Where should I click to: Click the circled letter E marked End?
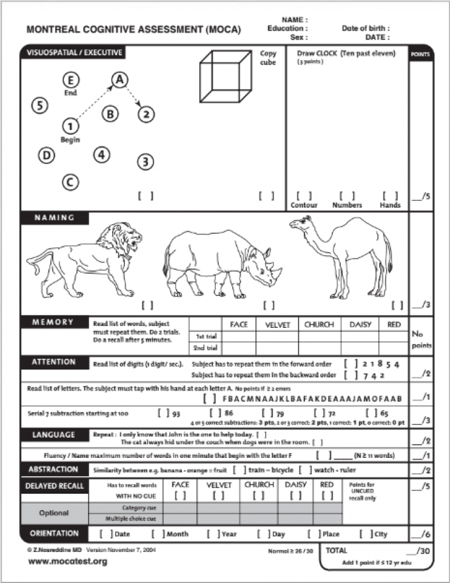[x=71, y=80]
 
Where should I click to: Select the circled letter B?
[x=110, y=114]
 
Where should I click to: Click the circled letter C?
[x=70, y=181]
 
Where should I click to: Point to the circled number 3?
[x=145, y=162]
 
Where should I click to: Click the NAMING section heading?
[x=55, y=218]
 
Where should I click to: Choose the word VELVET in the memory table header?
[x=278, y=325]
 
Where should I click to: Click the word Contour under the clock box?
[x=304, y=205]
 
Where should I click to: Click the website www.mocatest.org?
[x=67, y=562]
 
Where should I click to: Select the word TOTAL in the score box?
[x=337, y=550]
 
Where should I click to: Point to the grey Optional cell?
[x=54, y=513]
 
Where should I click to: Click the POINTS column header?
[x=421, y=53]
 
